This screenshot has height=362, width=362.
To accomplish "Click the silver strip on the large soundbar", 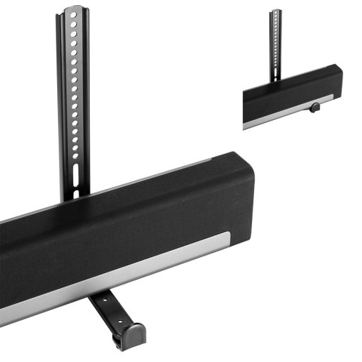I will click(113, 275).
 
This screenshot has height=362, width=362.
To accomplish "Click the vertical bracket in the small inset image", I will click(276, 41).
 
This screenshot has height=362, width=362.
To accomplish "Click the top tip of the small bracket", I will click(276, 11).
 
